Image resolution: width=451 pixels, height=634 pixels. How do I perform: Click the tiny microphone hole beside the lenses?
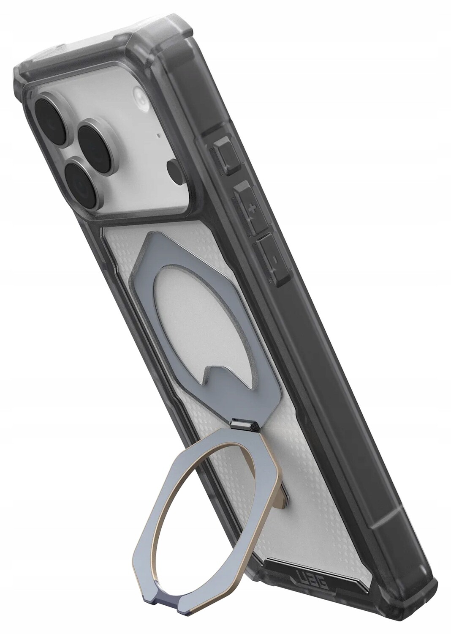point(158,136)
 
